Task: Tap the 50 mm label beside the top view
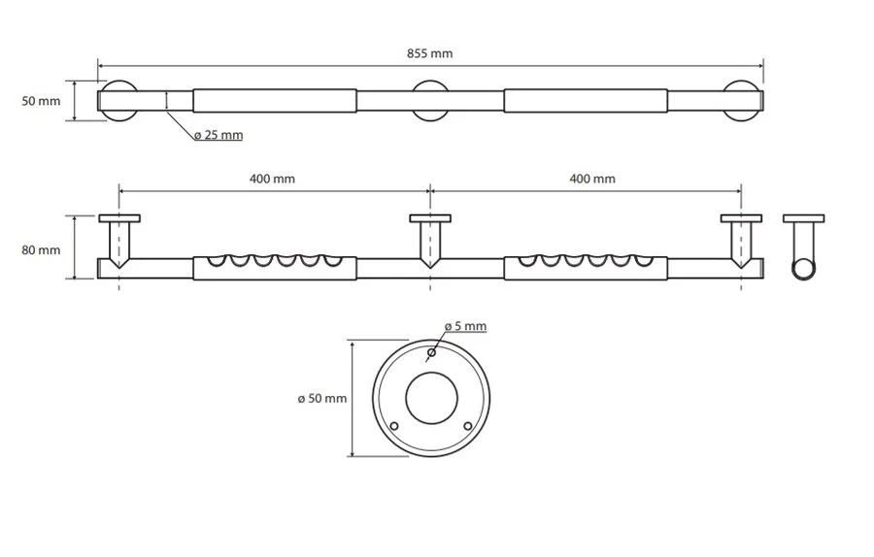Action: click(x=41, y=100)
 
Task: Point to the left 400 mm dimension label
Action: click(x=272, y=179)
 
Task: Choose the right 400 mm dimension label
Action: click(x=591, y=179)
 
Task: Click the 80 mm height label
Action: click(x=41, y=249)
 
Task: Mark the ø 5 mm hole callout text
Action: click(x=464, y=326)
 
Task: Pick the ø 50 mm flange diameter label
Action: click(x=321, y=398)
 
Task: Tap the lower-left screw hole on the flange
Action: click(x=394, y=426)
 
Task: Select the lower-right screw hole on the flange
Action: click(x=468, y=426)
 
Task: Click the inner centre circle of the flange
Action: click(x=431, y=398)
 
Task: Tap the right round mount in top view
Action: click(x=743, y=101)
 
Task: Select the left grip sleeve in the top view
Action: click(x=275, y=101)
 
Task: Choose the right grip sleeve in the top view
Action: click(x=585, y=101)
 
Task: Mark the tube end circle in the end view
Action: click(x=804, y=269)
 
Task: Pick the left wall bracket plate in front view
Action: click(x=119, y=217)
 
